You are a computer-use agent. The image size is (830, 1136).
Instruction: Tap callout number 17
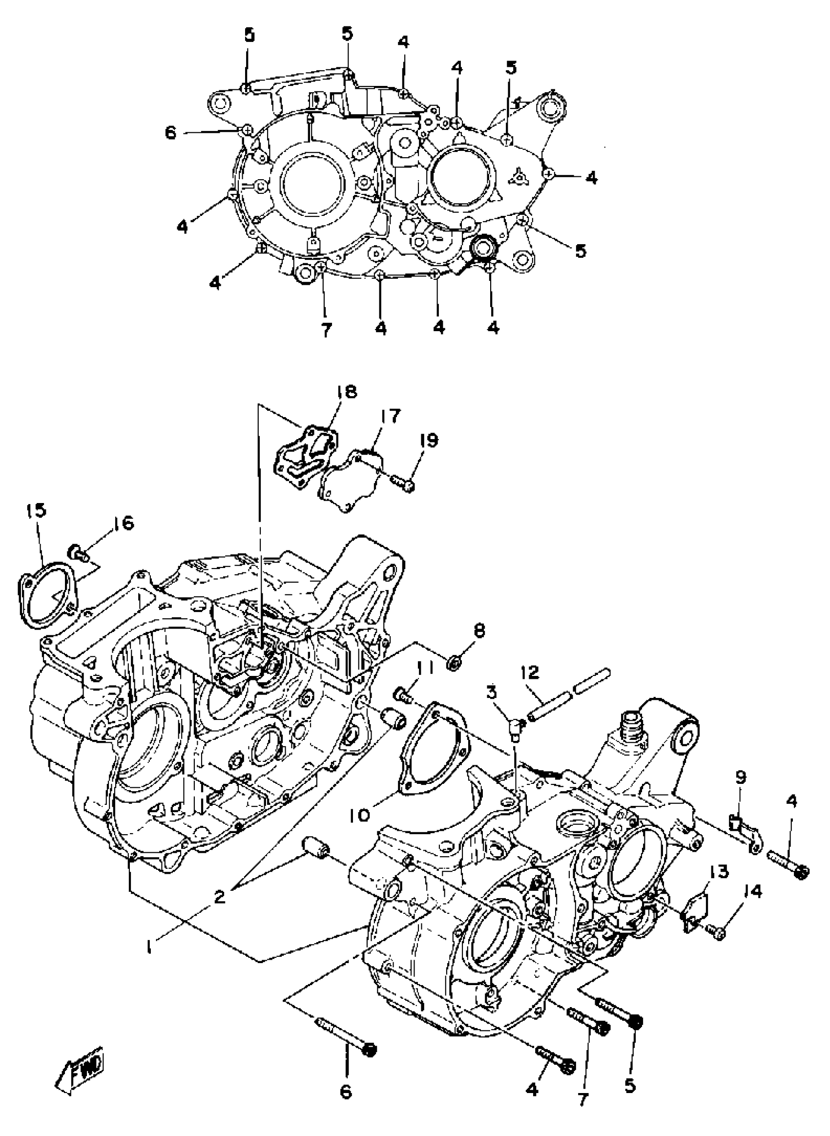pyautogui.click(x=391, y=416)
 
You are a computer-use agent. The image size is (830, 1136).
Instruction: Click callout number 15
pyautogui.click(x=37, y=510)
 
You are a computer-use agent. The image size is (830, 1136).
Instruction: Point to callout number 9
pyautogui.click(x=741, y=777)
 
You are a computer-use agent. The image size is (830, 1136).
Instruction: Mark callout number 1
pyautogui.click(x=149, y=947)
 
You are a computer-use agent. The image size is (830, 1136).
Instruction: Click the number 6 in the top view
pyautogui.click(x=171, y=133)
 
